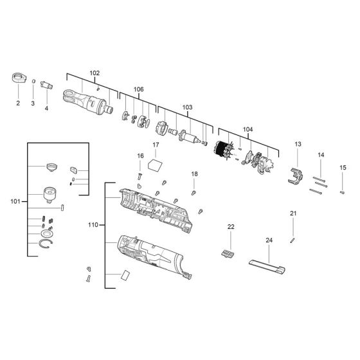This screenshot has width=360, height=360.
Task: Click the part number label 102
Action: tap(94, 73)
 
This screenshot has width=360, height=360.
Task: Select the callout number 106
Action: tap(138, 89)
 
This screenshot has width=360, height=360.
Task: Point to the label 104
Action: tap(248, 129)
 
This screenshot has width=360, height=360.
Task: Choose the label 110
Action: tap(93, 225)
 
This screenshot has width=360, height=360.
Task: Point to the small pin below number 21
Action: tap(292, 240)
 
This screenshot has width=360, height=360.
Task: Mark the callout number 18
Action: tap(194, 174)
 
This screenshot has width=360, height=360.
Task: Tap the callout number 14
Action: tap(321, 155)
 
